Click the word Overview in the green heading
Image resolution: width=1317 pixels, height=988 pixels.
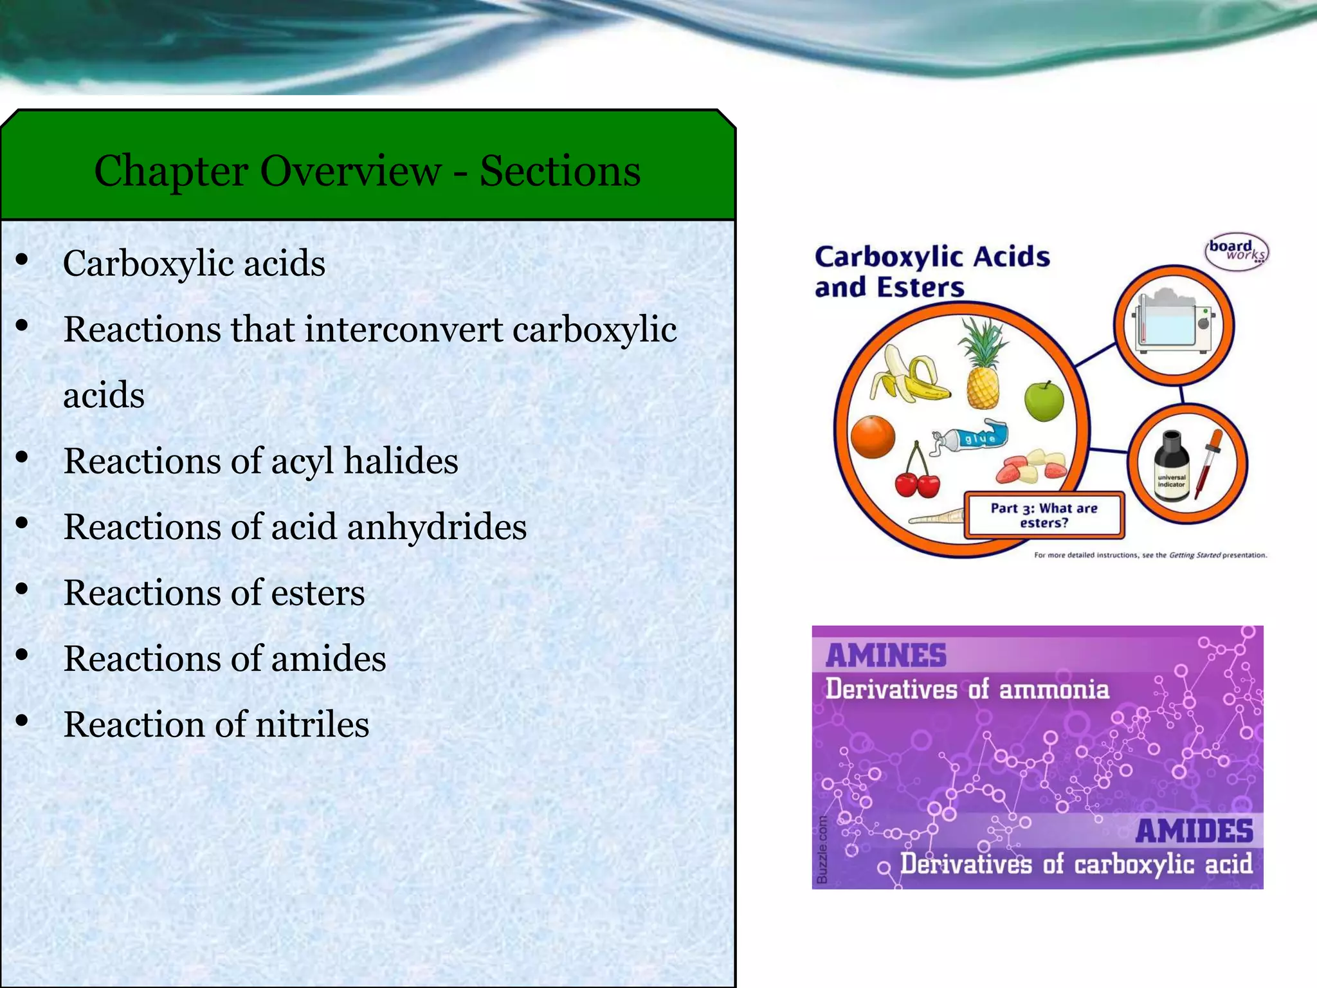pos(350,171)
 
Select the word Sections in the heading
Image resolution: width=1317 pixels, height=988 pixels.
pos(560,171)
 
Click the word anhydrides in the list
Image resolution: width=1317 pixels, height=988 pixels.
pos(437,527)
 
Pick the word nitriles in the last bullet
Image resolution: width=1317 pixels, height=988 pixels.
pos(313,724)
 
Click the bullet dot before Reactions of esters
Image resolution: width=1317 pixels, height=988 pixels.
pos(23,589)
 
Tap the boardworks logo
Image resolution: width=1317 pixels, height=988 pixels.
pos(1236,251)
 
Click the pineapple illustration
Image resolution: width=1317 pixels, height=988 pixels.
pos(983,367)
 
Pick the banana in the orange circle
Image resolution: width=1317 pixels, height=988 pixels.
pos(907,374)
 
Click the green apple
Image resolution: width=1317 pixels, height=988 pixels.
pos(1044,401)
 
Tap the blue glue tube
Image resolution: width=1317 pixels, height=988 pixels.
pos(971,438)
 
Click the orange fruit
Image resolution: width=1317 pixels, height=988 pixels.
pos(873,437)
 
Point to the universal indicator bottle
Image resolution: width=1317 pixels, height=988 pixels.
pos(1171,468)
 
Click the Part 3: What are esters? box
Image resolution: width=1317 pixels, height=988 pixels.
pos(1044,515)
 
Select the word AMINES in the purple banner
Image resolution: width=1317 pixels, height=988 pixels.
pos(886,655)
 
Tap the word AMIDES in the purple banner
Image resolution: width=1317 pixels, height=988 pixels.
pos(1194,830)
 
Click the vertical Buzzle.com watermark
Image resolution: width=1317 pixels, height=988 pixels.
pos(822,850)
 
